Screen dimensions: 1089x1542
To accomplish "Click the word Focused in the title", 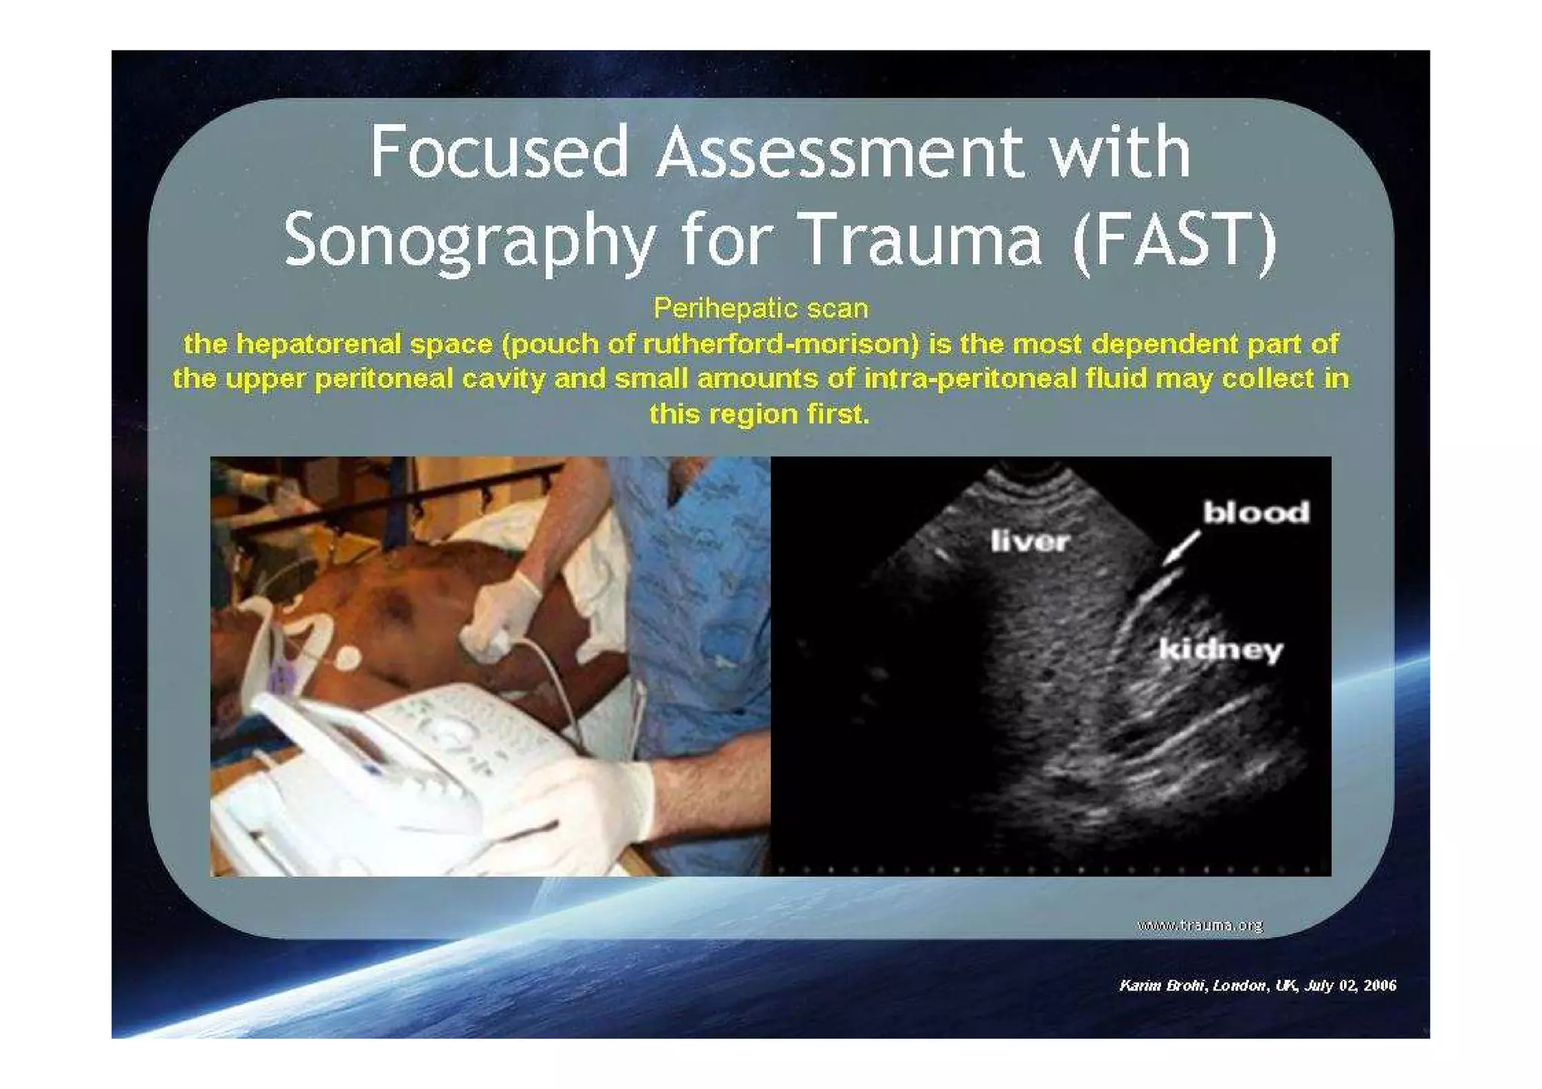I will point(498,152).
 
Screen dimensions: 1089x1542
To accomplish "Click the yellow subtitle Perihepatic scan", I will point(760,308).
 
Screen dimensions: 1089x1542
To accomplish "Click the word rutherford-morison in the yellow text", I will point(780,344).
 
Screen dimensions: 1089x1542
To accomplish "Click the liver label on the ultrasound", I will point(1029,540).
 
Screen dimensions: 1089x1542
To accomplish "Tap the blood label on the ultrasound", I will point(1256,513).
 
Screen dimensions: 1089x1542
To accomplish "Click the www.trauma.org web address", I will point(1199,925).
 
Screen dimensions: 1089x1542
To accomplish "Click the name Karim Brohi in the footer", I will point(1163,985).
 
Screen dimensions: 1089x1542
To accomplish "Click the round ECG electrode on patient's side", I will point(347,659).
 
